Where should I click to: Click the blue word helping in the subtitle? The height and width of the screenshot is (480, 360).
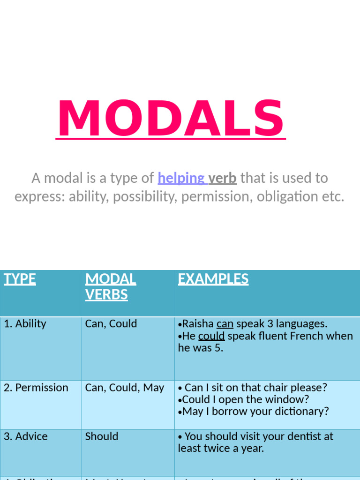pyautogui.click(x=181, y=178)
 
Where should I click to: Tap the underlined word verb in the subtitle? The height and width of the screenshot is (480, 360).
pyautogui.click(x=222, y=178)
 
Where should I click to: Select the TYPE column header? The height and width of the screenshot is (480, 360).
pyautogui.click(x=20, y=279)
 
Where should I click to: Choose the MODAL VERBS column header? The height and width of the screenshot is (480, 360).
pyautogui.click(x=111, y=287)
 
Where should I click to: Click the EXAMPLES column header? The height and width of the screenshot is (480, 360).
pyautogui.click(x=213, y=279)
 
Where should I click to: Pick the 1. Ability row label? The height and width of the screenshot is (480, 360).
pyautogui.click(x=25, y=324)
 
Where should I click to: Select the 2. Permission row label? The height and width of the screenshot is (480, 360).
pyautogui.click(x=36, y=388)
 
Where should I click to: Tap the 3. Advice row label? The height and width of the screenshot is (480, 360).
pyautogui.click(x=26, y=436)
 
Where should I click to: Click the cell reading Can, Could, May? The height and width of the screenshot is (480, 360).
pyautogui.click(x=125, y=388)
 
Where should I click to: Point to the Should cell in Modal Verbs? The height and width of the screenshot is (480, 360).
pyautogui.click(x=102, y=436)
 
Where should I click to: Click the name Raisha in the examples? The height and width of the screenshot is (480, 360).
pyautogui.click(x=198, y=324)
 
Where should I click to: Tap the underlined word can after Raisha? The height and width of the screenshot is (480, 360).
pyautogui.click(x=225, y=324)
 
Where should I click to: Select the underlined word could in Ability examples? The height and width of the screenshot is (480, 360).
pyautogui.click(x=211, y=336)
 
